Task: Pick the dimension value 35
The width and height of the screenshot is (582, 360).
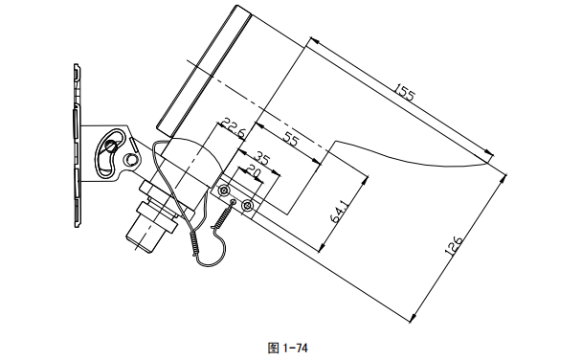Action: click(x=260, y=156)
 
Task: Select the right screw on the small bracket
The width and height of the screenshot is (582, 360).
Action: click(x=248, y=205)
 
